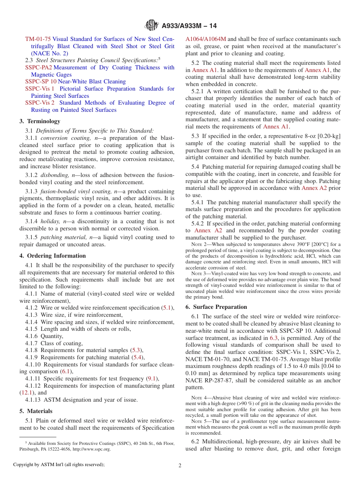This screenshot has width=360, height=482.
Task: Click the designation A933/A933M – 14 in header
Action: pos(189,26)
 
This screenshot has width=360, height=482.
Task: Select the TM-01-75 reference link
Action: pos(38,39)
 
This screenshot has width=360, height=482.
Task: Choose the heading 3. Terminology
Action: pos(40,121)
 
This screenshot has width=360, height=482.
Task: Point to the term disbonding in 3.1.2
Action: pos(55,175)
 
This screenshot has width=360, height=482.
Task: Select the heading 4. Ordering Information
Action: pos(53,256)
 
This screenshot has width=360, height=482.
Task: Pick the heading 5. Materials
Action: pos(36,411)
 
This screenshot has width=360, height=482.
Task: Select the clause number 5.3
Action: pos(195,136)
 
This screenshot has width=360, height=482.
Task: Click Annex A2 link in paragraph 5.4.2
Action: pos(208,230)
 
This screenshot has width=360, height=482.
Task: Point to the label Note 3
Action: pos(197,274)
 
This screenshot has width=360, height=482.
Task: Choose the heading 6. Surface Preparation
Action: pos(216,307)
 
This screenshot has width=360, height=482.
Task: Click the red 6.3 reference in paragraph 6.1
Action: pos(274,338)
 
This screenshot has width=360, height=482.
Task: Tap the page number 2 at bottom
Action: pos(180,465)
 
